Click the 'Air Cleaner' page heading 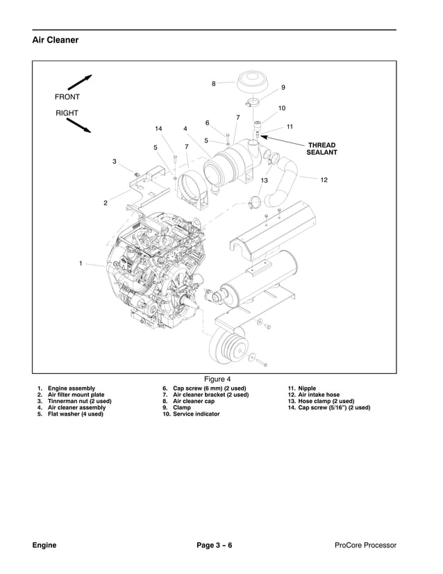click(x=56, y=40)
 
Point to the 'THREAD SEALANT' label click(x=321, y=149)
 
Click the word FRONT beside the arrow click(x=68, y=97)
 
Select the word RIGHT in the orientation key click(x=67, y=113)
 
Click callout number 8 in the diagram click(x=214, y=83)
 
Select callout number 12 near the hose click(x=324, y=180)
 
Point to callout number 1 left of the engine click(x=81, y=263)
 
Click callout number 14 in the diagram click(x=158, y=129)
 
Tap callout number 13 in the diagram click(x=264, y=180)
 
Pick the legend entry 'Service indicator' click(x=191, y=414)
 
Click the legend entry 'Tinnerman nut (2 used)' click(x=79, y=402)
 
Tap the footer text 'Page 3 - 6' click(x=215, y=545)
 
